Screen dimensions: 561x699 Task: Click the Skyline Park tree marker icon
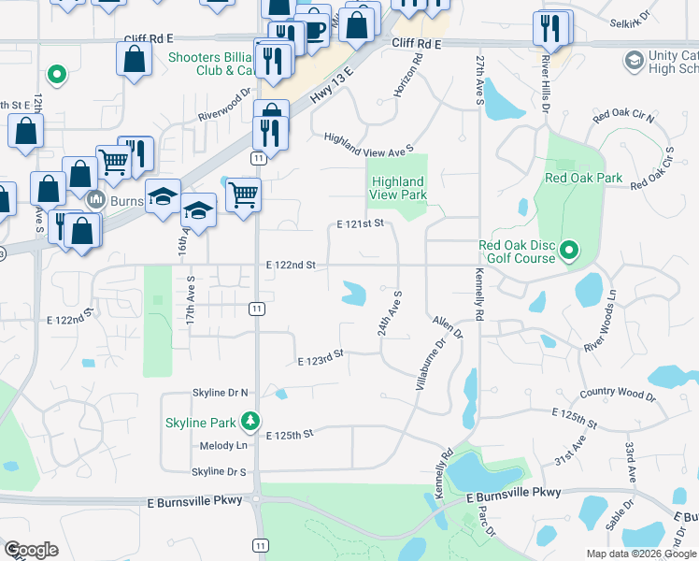[250, 421]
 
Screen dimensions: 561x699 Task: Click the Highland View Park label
[397, 188]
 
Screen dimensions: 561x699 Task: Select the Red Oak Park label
[571, 178]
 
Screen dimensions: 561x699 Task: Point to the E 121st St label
[361, 224]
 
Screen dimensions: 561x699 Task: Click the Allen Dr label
[448, 328]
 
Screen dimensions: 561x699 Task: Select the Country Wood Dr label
[617, 396]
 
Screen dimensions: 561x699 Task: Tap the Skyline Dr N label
[220, 393]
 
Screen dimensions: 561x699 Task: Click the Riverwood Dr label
[225, 105]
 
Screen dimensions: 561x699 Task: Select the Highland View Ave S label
[368, 143]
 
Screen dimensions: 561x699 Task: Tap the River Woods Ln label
[601, 320]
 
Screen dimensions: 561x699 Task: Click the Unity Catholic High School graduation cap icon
[635, 62]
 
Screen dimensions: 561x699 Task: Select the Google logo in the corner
[31, 550]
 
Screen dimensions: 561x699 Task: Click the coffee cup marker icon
[313, 28]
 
